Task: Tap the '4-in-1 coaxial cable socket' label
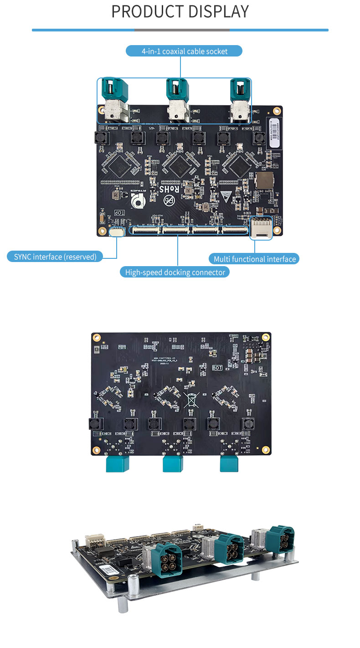click(x=184, y=51)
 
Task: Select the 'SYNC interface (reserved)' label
click(x=55, y=257)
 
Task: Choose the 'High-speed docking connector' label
click(x=175, y=272)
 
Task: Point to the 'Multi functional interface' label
click(x=255, y=259)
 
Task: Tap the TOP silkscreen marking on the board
click(x=119, y=213)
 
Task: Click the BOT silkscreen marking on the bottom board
click(x=217, y=368)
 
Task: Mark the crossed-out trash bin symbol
click(x=191, y=400)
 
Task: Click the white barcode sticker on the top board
click(x=275, y=132)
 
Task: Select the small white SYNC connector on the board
click(x=117, y=232)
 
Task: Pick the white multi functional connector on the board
click(x=262, y=227)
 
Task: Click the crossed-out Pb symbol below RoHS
click(x=169, y=200)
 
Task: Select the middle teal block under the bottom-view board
click(x=173, y=464)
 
